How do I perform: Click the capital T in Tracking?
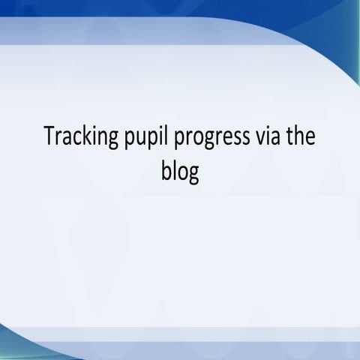49,139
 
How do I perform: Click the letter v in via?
247,140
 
